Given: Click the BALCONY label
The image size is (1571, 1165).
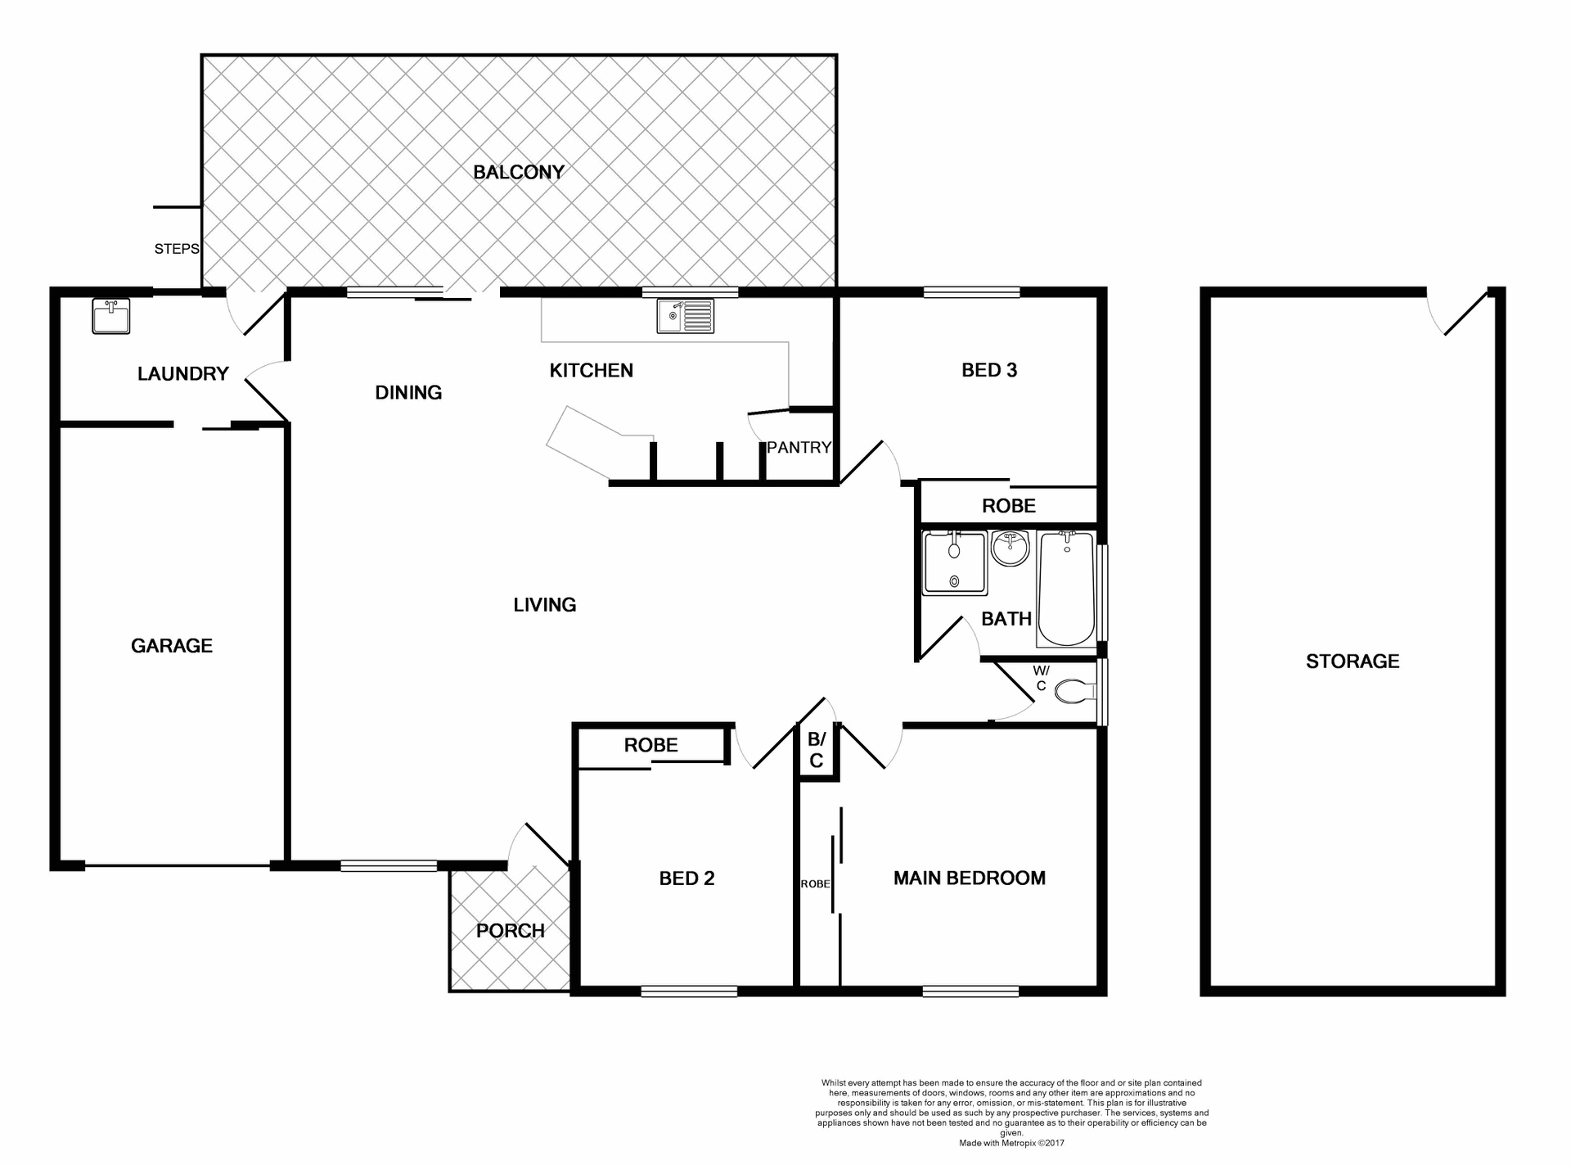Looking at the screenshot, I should pos(519,172).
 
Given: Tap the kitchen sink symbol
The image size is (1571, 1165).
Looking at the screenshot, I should pos(685,316).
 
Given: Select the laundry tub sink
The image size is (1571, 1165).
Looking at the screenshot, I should pos(110,317).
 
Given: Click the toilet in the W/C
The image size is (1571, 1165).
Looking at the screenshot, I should pos(1075,693).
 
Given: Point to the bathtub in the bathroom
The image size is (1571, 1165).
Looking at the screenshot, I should pos(1066,589).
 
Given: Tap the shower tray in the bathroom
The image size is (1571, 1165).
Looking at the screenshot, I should pos(954,563).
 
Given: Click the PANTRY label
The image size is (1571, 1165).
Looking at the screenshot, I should pos(799,447).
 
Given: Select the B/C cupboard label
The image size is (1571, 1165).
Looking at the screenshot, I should pos(816,750).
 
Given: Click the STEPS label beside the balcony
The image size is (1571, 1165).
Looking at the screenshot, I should pos(176,248).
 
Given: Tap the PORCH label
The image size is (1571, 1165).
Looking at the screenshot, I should pos(510,931).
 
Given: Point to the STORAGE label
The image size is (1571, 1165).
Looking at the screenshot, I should pos(1353,661).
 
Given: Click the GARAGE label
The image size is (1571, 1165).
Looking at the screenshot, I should pos(172,645).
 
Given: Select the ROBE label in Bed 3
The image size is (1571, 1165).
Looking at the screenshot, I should pos(1008,506).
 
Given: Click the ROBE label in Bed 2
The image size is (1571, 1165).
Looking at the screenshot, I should pos(650,745).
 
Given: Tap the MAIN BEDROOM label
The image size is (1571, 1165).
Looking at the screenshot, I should pos(969,878).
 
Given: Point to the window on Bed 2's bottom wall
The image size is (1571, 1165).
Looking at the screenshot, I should pos(689,991).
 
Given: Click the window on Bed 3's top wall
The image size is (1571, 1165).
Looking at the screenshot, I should pos(971,291).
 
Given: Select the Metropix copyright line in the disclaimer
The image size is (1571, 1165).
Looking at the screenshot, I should pos(1011,1143).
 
